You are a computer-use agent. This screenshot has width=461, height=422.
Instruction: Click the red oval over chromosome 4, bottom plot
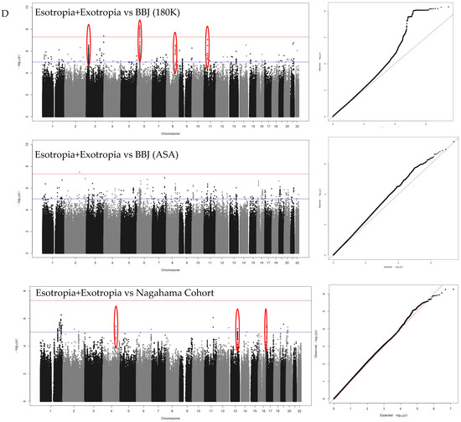pyautogui.click(x=116, y=326)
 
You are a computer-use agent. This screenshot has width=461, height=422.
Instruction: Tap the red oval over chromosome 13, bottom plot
pyautogui.click(x=237, y=331)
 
